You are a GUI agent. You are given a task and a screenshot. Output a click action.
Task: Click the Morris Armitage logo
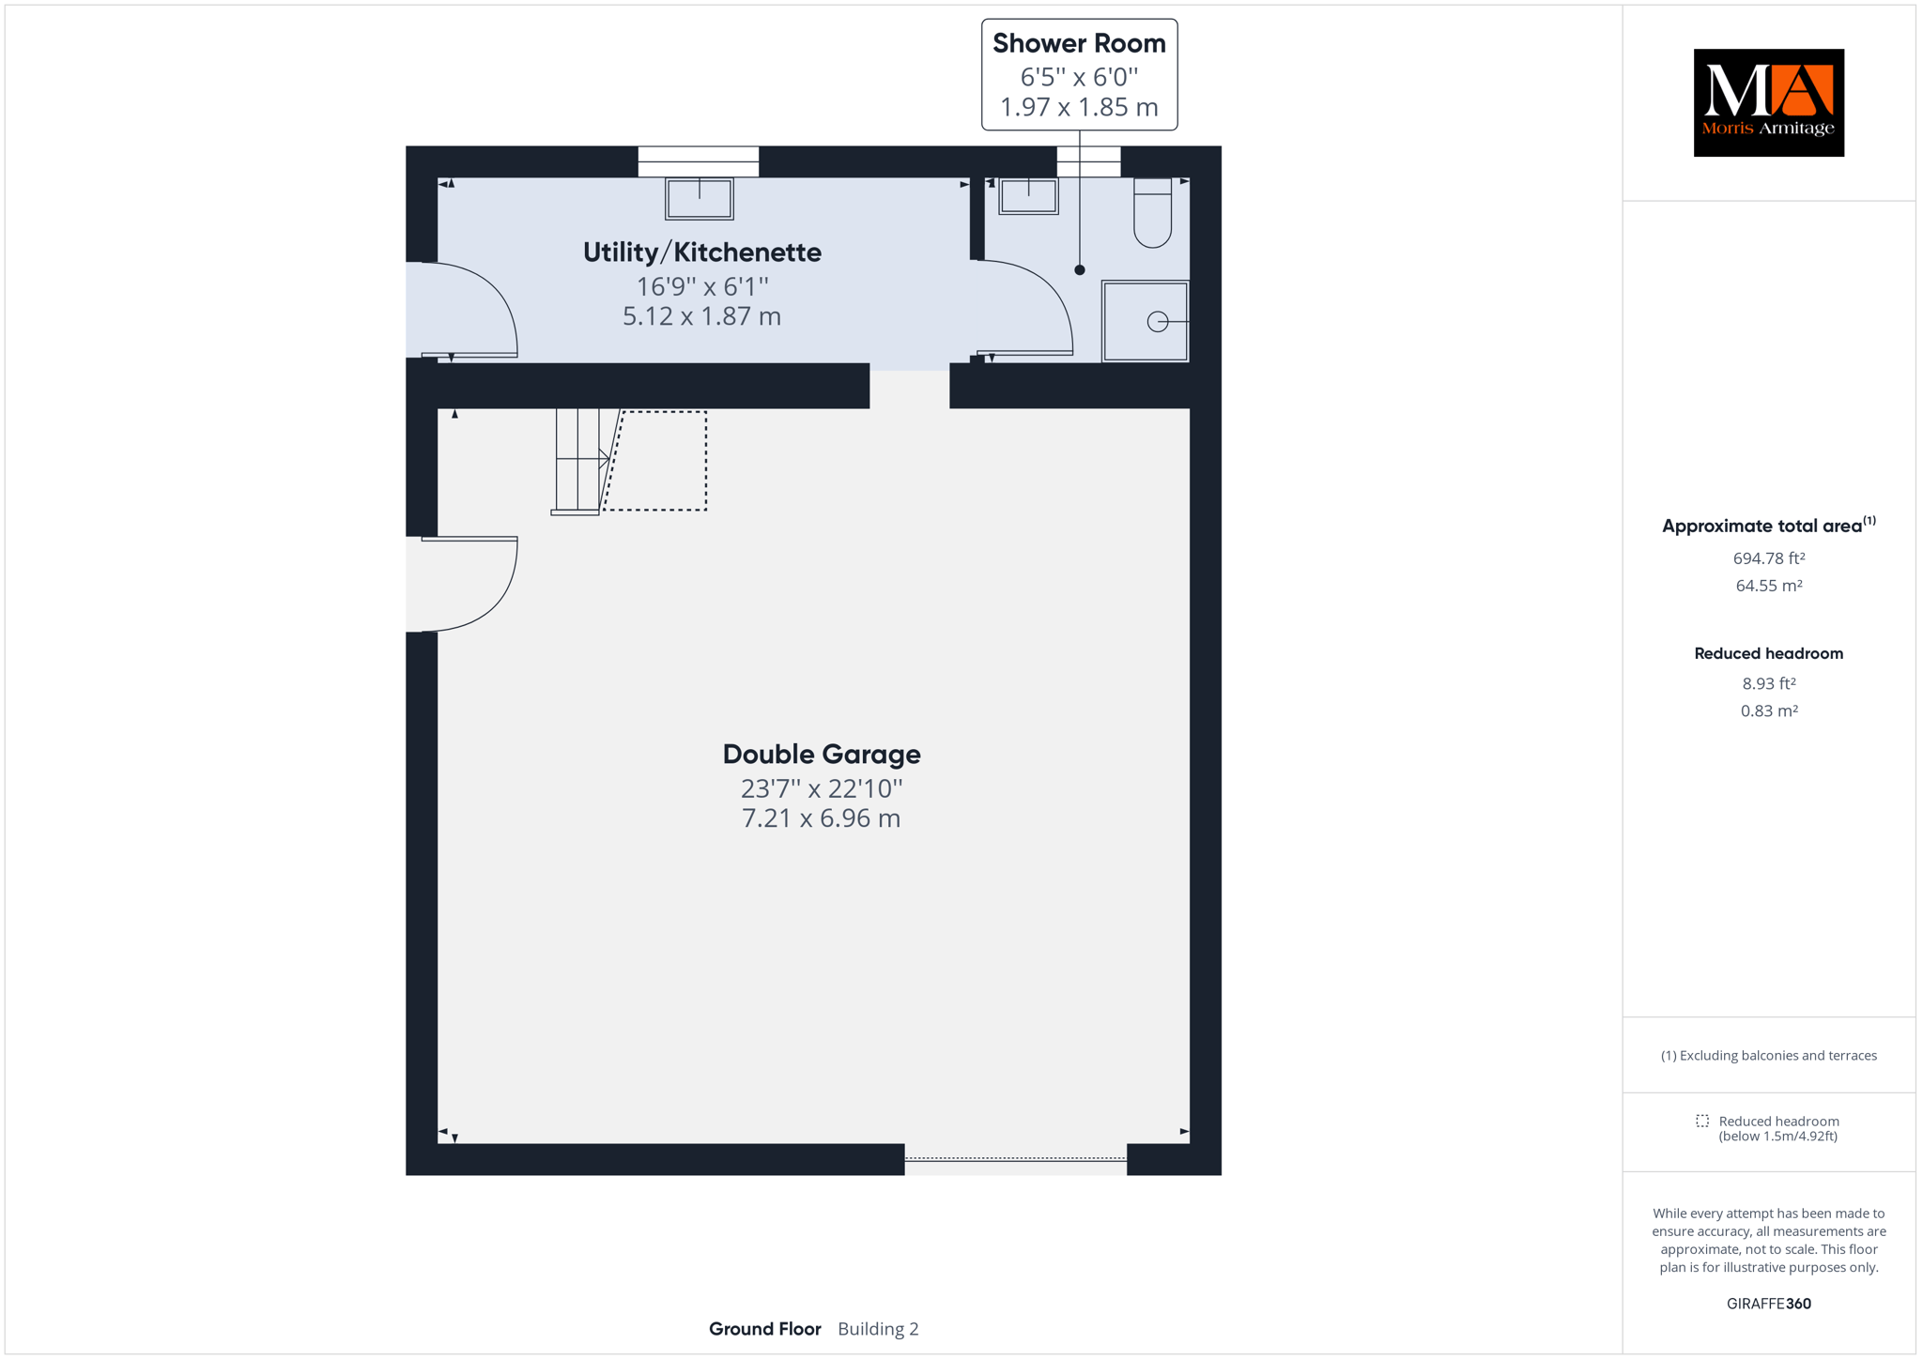[1768, 102]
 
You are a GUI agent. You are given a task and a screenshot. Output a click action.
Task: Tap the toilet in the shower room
[1152, 212]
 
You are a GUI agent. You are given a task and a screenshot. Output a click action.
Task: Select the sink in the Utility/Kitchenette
[700, 199]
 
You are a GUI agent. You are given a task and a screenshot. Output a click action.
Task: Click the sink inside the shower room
[1028, 196]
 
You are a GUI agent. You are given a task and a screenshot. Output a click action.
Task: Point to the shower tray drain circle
[1158, 322]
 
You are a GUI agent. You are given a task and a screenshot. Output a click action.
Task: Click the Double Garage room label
[822, 754]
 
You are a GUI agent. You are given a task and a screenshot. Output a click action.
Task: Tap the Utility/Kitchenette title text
[702, 252]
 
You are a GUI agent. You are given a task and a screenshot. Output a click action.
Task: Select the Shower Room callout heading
[1079, 43]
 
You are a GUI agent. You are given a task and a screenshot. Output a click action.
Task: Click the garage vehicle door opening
[1015, 1159]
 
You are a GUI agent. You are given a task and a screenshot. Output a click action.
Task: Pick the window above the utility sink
[699, 161]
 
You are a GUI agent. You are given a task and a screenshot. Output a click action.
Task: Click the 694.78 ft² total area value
[1769, 558]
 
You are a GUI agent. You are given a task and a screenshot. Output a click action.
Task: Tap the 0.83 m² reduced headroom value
[1769, 711]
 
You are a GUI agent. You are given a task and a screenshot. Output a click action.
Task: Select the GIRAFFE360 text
[1769, 1304]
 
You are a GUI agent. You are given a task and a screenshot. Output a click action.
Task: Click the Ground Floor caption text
[765, 1329]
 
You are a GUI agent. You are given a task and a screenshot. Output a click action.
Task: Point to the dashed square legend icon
[1702, 1121]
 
